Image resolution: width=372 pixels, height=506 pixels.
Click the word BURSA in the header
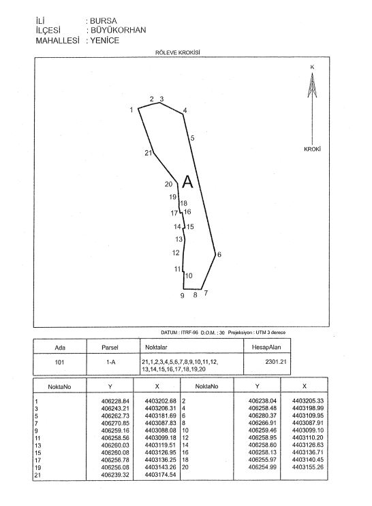pos(103,21)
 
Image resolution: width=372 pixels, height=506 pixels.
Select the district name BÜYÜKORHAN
pos(119,30)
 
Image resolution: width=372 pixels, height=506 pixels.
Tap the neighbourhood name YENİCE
pos(105,40)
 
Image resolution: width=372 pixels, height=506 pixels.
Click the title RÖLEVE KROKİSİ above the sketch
pos(177,52)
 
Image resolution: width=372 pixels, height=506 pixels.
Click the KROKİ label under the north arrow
pos(312,149)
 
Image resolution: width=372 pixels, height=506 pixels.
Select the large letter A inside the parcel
pos(187,182)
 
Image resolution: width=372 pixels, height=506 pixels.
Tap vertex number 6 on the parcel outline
pos(219,254)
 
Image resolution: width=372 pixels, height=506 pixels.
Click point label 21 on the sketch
pos(148,153)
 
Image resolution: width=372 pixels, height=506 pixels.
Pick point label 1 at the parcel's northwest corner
pos(131,110)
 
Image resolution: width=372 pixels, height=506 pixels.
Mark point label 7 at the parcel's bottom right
pos(206,293)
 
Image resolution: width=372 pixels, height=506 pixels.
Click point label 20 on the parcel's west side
pos(168,184)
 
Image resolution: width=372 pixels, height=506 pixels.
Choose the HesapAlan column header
pos(266,348)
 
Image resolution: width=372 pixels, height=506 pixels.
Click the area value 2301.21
pos(276,362)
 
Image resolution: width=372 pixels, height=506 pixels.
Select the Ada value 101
pos(59,362)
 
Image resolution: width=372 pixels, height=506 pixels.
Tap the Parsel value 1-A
pos(110,362)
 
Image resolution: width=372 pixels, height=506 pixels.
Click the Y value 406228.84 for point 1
pos(115,401)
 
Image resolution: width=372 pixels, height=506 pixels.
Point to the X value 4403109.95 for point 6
pos(308,416)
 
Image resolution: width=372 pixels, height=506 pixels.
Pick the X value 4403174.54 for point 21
pos(161,475)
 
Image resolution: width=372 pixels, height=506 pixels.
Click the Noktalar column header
pos(156,348)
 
